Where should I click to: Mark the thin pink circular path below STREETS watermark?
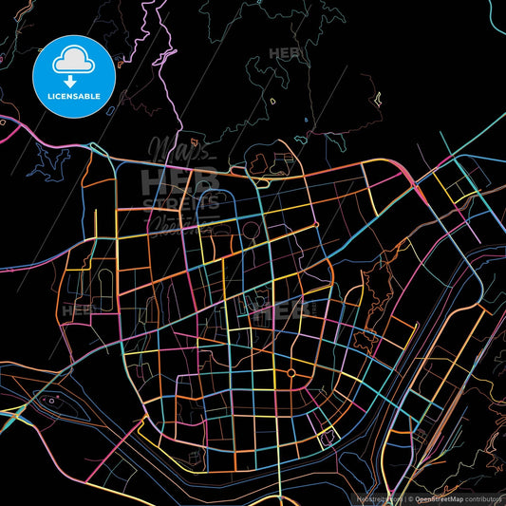250,229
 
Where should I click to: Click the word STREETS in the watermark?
179,201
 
